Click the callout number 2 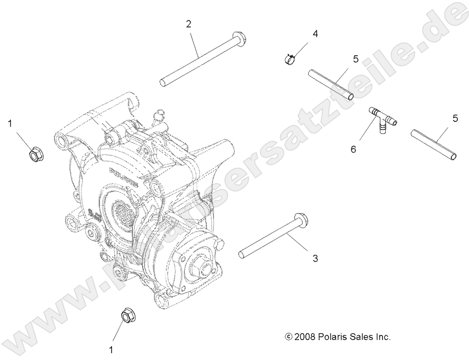pos(188,24)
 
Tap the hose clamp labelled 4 pos(290,59)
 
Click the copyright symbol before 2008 pos(289,336)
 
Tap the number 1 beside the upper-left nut pos(9,123)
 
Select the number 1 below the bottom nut pos(111,347)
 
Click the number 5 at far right pos(455,118)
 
